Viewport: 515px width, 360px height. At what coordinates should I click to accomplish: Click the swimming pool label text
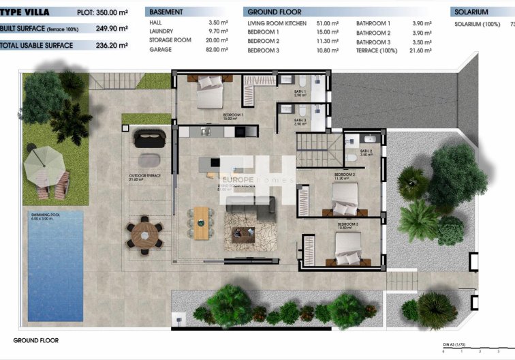(x=45, y=217)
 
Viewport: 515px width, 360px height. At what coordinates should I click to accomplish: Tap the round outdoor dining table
(x=144, y=233)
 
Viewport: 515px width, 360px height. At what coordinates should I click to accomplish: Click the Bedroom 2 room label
(x=345, y=175)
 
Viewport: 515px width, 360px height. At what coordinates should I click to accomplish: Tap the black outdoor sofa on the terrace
(x=150, y=138)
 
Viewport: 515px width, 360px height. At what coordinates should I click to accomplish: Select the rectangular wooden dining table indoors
(x=201, y=222)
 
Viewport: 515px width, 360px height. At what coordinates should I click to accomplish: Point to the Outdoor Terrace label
(x=144, y=177)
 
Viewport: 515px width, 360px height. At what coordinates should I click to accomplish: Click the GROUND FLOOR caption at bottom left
(x=36, y=340)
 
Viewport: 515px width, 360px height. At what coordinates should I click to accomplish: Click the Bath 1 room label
(x=300, y=93)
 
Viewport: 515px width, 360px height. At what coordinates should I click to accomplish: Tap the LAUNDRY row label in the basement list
(x=161, y=31)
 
